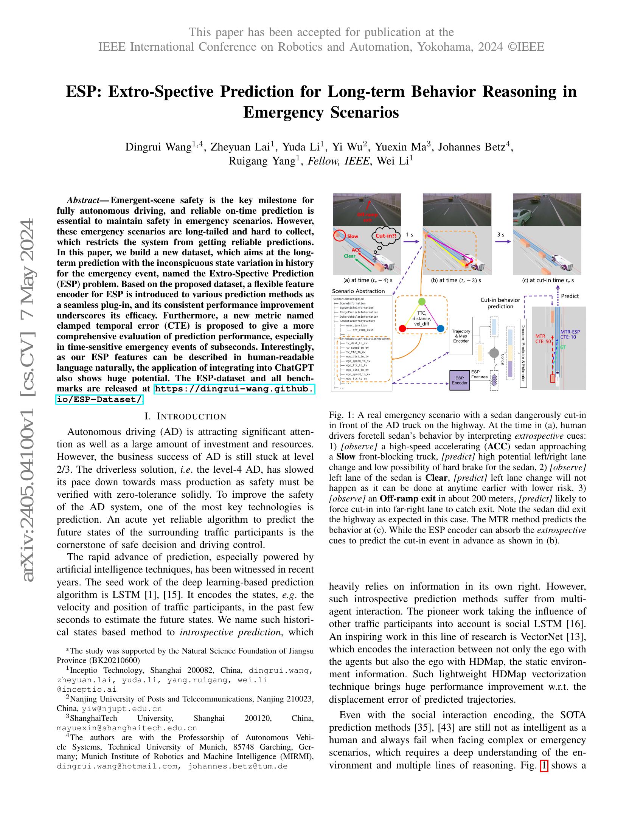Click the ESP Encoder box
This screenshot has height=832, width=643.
point(460,380)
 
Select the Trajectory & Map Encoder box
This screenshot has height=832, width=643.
point(461,336)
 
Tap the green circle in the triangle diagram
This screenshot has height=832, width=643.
point(421,301)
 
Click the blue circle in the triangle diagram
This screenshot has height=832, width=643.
point(440,328)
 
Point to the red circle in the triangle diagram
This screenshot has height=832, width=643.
point(402,328)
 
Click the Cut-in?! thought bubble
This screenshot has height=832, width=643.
point(385,236)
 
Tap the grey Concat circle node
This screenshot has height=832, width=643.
point(494,353)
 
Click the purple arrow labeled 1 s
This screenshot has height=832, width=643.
point(411,241)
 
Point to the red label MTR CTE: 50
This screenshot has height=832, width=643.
point(542,339)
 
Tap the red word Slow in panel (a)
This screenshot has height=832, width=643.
point(353,236)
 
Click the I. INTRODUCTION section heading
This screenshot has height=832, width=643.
point(185,416)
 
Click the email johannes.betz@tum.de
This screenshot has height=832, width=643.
point(238,766)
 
